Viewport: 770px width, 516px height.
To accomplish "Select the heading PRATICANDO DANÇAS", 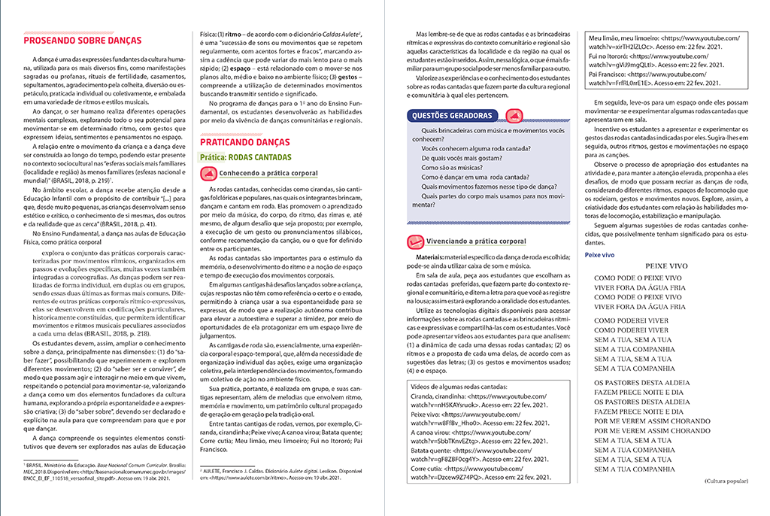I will [x=246, y=141].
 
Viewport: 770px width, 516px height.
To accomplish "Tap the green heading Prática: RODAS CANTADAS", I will [x=244, y=157].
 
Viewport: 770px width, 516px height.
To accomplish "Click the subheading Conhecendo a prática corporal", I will [x=260, y=173].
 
